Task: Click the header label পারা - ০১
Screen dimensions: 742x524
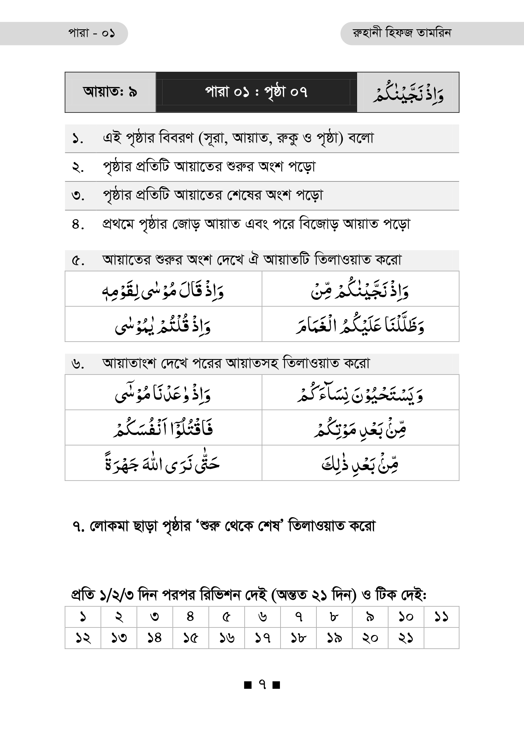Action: (92, 33)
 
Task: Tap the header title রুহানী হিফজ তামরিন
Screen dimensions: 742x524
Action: (402, 33)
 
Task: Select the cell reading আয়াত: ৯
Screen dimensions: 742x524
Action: (110, 92)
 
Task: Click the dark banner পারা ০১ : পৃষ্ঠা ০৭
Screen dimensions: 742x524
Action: (256, 92)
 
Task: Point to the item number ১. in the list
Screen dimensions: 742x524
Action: (77, 139)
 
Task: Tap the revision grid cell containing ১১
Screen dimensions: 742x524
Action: (441, 617)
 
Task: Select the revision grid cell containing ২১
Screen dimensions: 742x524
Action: (405, 638)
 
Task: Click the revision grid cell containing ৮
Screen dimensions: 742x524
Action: (334, 617)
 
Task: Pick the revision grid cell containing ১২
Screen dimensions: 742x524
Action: (83, 638)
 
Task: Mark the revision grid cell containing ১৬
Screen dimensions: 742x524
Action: (227, 638)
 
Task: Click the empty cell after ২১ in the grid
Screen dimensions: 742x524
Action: (441, 638)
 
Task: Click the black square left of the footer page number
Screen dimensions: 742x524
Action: (248, 685)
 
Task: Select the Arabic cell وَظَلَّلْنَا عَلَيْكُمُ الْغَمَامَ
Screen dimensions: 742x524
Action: (360, 324)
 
